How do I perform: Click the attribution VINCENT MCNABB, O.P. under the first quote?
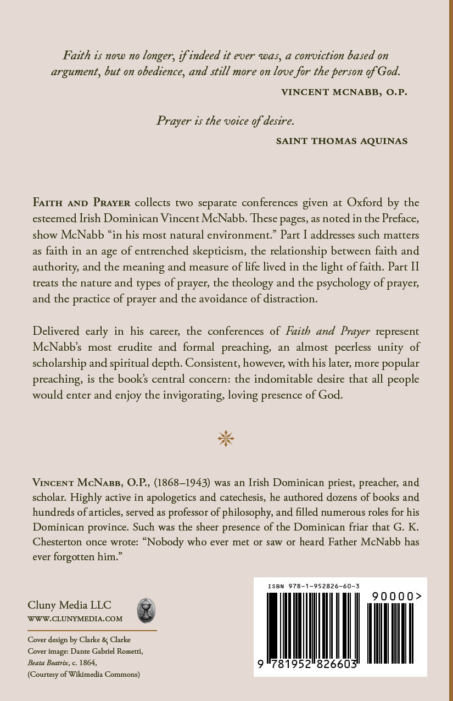[344, 92]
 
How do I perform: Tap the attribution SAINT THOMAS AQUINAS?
[342, 141]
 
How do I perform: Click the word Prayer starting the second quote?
[174, 121]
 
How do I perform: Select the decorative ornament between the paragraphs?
[226, 438]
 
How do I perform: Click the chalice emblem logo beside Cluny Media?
[146, 610]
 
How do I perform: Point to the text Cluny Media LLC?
[69, 605]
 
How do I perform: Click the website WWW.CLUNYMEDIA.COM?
[75, 619]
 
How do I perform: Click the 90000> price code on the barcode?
[396, 596]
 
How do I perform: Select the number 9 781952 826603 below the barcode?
[307, 665]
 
